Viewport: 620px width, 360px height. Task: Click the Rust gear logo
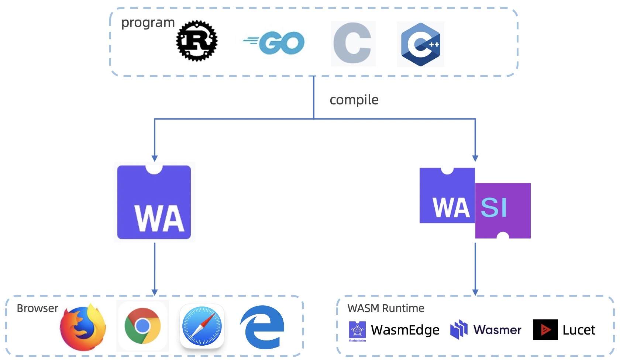pos(197,41)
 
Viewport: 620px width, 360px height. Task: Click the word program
pos(148,23)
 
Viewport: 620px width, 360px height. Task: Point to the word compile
pos(354,100)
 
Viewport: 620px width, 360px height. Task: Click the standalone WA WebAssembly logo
pos(154,202)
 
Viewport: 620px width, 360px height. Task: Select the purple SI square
pos(503,211)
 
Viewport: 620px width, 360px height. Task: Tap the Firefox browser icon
pos(83,327)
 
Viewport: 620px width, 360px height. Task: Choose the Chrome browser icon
pos(142,326)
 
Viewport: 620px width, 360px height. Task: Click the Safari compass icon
pos(202,326)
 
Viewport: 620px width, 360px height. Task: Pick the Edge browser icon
pos(262,327)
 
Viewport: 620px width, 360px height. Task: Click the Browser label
pos(38,308)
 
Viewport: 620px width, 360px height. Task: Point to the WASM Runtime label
pos(386,308)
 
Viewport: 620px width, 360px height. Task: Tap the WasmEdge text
pos(405,330)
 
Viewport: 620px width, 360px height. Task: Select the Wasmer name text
pos(497,330)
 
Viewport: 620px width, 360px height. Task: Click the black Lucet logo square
pos(545,330)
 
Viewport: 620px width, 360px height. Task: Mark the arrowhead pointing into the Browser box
pos(154,292)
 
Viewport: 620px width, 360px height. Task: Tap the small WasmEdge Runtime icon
pos(357,331)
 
